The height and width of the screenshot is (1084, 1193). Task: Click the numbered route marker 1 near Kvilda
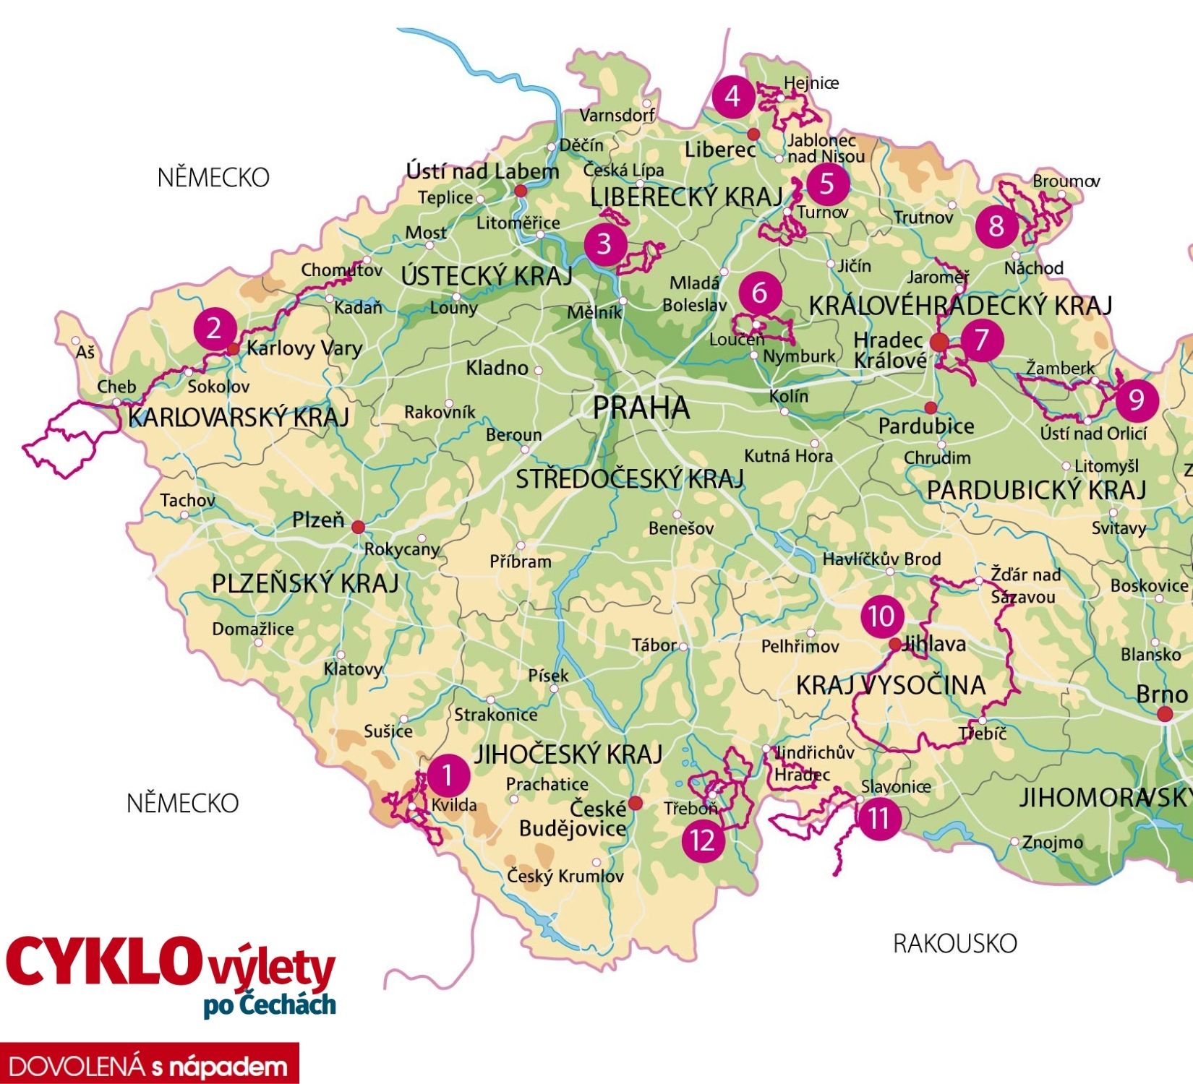click(x=448, y=775)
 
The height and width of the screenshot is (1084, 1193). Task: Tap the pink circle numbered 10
click(x=881, y=616)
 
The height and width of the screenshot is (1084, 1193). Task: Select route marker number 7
click(x=981, y=338)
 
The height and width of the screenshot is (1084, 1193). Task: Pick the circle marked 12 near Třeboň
click(x=702, y=840)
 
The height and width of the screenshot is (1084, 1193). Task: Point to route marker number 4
click(x=732, y=96)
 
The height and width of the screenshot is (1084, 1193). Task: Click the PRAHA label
click(x=641, y=408)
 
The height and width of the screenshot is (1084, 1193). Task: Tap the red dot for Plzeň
click(x=358, y=527)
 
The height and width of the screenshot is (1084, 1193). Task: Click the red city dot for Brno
click(x=1164, y=714)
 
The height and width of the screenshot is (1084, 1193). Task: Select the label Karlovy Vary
click(x=304, y=348)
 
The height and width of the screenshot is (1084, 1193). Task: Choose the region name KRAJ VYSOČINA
click(x=891, y=685)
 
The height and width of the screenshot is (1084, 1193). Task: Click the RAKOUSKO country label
click(x=954, y=943)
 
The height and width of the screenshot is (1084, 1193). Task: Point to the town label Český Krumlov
click(x=565, y=877)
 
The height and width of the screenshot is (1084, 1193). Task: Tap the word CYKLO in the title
click(x=101, y=962)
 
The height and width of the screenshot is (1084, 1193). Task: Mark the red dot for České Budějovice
click(x=635, y=803)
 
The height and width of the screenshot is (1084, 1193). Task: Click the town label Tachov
click(x=188, y=500)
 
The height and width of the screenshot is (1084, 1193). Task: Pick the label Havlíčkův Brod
click(x=881, y=559)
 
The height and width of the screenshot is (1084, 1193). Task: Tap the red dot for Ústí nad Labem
click(x=520, y=191)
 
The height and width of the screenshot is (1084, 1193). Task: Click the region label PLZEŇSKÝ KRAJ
click(x=304, y=583)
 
